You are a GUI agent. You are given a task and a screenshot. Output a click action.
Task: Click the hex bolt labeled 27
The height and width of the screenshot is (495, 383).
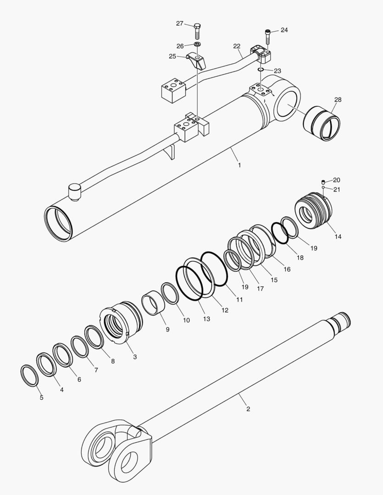197,30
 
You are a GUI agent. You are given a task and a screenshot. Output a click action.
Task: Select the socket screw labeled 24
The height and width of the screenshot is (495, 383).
268,35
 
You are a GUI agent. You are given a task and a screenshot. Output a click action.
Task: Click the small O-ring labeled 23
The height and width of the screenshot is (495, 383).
260,69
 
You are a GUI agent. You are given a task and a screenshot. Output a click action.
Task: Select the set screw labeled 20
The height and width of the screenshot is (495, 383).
323,181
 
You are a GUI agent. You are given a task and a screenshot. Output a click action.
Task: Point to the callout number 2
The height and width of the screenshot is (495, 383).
248,409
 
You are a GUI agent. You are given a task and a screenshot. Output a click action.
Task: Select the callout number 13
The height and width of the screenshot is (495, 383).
206,319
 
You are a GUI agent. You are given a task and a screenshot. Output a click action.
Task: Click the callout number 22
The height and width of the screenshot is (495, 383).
237,46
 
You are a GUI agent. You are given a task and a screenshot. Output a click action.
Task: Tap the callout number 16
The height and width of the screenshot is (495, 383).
287,269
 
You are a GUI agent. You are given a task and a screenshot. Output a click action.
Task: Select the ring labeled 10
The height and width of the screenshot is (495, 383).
170,293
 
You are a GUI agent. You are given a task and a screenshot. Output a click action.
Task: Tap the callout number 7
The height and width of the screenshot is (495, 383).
96,369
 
